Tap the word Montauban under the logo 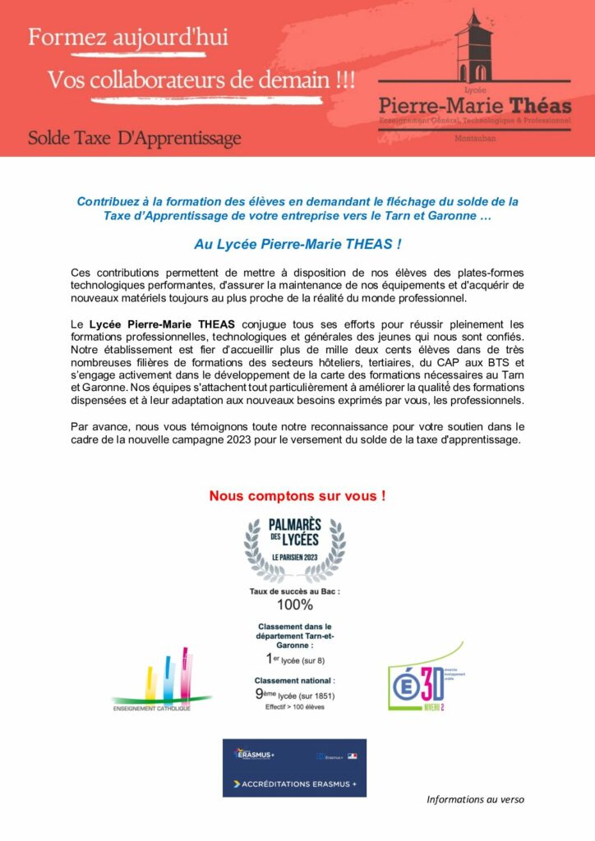[x=474, y=138]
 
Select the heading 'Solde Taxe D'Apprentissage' [x=135, y=137]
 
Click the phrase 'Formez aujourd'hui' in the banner [x=128, y=37]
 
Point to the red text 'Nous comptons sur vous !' [x=297, y=496]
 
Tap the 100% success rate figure [x=294, y=605]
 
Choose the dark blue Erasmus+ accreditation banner [x=294, y=768]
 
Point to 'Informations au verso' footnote [x=475, y=799]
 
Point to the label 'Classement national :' [x=294, y=681]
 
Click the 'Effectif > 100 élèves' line [x=294, y=707]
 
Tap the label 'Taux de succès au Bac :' [x=294, y=591]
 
